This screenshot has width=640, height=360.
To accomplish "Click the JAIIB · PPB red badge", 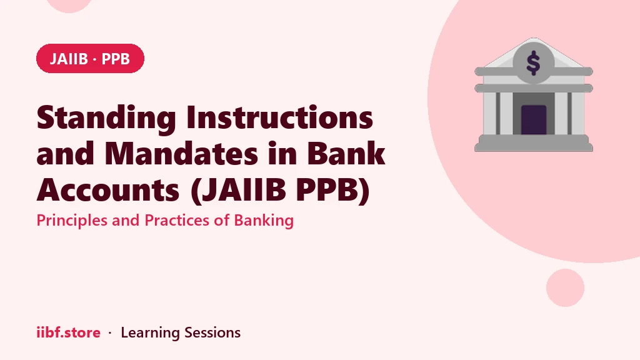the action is pyautogui.click(x=90, y=58).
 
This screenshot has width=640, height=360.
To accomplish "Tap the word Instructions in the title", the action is pyautogui.click(x=279, y=117).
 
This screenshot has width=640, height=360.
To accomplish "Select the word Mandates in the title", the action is pyautogui.click(x=181, y=154).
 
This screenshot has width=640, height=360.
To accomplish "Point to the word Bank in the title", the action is pyautogui.click(x=346, y=154).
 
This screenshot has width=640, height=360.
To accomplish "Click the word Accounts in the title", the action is pyautogui.click(x=108, y=190).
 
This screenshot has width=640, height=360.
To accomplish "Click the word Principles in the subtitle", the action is pyautogui.click(x=72, y=221).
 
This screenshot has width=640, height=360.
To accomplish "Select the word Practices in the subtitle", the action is pyautogui.click(x=177, y=221).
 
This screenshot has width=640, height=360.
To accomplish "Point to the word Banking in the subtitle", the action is pyautogui.click(x=264, y=221).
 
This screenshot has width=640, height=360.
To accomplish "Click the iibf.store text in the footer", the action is pyautogui.click(x=69, y=332).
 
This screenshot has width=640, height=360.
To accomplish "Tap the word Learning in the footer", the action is pyautogui.click(x=150, y=333).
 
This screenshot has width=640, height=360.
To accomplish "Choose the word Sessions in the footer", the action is pyautogui.click(x=212, y=332).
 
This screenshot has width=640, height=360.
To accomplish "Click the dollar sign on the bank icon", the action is pyautogui.click(x=533, y=63).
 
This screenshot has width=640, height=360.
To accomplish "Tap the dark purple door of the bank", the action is pyautogui.click(x=534, y=120).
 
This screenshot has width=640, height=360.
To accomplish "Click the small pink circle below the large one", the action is pyautogui.click(x=565, y=287).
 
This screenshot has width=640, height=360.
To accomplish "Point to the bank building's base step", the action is pyautogui.click(x=534, y=143).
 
